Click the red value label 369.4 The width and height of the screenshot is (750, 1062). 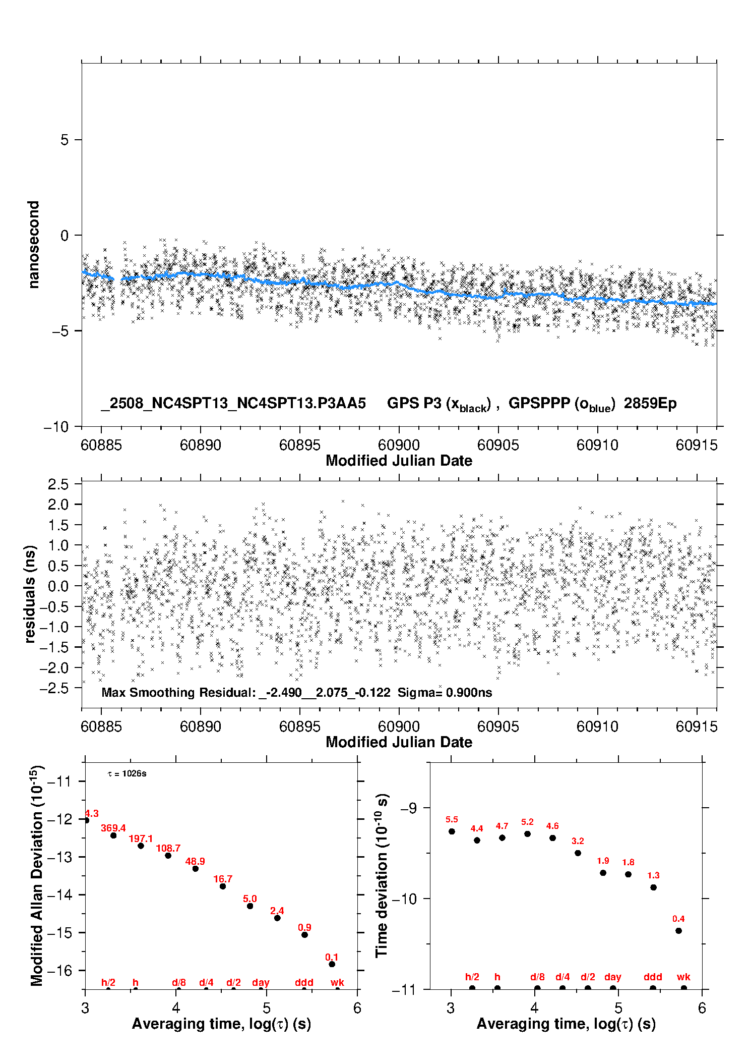click(x=113, y=828)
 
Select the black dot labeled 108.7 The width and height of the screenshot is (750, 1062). click(x=168, y=855)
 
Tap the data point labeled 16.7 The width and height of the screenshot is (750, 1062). click(x=223, y=886)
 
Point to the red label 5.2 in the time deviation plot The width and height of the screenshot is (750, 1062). click(x=527, y=822)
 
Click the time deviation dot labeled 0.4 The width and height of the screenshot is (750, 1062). click(x=678, y=930)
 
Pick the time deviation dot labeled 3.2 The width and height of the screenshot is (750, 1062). click(x=578, y=853)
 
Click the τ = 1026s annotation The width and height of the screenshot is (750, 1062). click(x=127, y=773)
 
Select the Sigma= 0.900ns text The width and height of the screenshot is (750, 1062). click(x=445, y=692)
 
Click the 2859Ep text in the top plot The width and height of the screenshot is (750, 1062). click(x=650, y=404)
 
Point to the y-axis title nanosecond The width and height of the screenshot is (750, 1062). click(x=33, y=245)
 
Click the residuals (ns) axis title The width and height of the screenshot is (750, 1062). click(x=30, y=594)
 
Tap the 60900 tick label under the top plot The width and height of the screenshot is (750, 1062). click(x=399, y=445)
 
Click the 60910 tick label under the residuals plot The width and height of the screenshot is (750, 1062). click(x=597, y=726)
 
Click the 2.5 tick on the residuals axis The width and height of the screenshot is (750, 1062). click(x=58, y=484)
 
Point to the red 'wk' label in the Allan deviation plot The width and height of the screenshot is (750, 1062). click(x=337, y=982)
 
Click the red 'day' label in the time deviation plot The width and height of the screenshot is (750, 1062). click(x=613, y=977)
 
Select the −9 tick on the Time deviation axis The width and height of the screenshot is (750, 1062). click(x=409, y=808)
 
